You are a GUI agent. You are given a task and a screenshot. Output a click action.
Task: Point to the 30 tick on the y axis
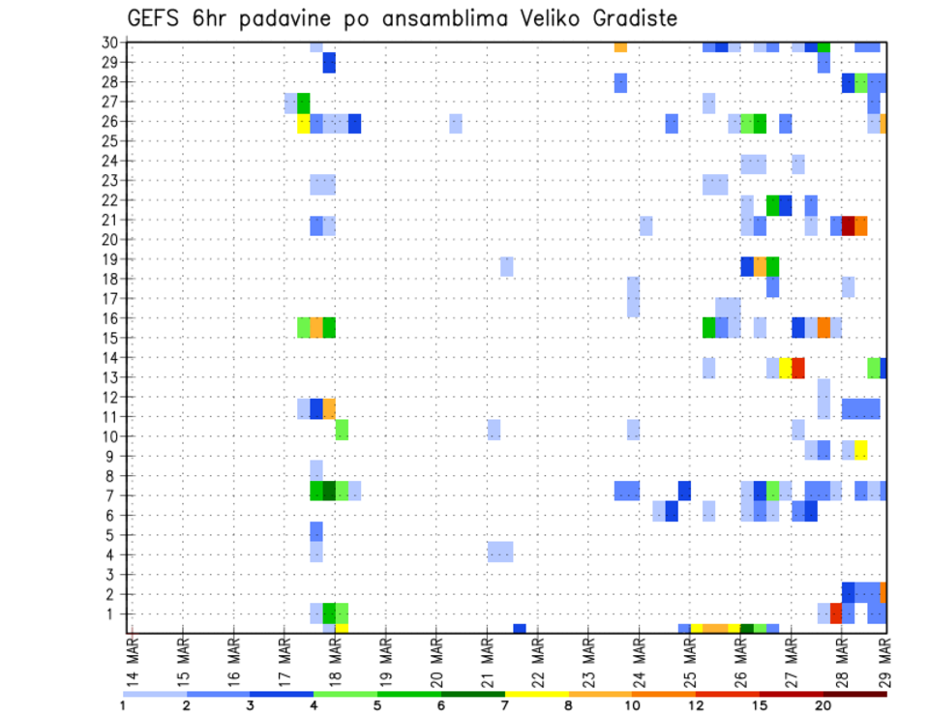[x=110, y=43]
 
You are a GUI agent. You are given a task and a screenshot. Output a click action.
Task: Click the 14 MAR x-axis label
[x=132, y=661]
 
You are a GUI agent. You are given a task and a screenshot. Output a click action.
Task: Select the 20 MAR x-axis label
[x=435, y=661]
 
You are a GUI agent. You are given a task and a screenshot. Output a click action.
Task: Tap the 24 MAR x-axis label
[x=639, y=661]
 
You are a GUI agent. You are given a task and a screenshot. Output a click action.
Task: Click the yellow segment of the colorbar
[x=537, y=694]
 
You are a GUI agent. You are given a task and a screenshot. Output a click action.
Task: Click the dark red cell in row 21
[x=848, y=225]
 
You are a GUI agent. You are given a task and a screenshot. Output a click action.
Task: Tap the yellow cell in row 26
[x=303, y=123]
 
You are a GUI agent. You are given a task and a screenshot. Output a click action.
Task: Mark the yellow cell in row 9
[x=860, y=450]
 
